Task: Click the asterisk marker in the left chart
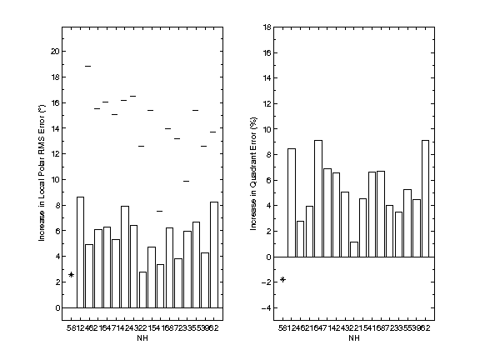pos(72,275)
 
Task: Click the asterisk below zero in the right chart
pos(282,279)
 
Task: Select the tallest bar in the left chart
pos(80,252)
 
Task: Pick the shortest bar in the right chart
pos(354,249)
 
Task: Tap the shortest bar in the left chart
pos(142,289)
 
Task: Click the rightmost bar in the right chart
pos(426,198)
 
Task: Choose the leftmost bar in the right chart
pos(292,202)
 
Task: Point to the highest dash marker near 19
pos(88,65)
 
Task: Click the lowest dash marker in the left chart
pos(160,211)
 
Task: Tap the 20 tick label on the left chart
pos(56,51)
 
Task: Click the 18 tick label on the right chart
pos(267,27)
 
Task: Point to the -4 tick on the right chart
pos(267,308)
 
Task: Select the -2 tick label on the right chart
pos(267,282)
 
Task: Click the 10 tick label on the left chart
pos(56,179)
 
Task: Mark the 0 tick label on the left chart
pos(57,307)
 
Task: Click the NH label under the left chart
pos(142,337)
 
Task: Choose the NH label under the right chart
pos(353,337)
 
